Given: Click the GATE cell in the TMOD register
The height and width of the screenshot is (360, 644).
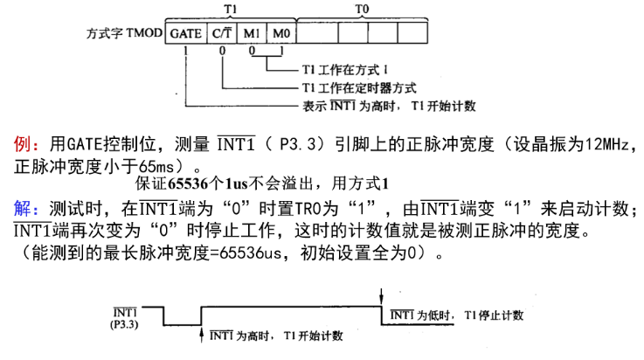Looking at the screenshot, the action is (186, 33).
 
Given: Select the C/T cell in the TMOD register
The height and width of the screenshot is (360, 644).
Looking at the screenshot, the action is (222, 33).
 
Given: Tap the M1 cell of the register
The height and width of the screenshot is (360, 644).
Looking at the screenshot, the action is (252, 33).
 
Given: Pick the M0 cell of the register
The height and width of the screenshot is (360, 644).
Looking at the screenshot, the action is (281, 33).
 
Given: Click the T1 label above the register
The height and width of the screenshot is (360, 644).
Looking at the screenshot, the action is (231, 9).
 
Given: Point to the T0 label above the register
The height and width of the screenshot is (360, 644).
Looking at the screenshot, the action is (362, 9).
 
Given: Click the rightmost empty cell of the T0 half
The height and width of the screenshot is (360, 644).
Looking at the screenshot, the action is (412, 33).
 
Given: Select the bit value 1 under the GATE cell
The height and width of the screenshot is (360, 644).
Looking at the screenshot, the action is (185, 51).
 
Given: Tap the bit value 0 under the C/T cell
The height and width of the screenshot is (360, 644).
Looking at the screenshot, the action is (222, 51).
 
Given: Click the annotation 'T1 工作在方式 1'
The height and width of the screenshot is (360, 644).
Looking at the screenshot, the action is (345, 70).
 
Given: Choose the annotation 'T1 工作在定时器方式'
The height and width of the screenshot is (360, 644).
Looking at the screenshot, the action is (359, 88).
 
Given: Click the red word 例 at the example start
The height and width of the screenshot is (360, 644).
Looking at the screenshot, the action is (22, 144).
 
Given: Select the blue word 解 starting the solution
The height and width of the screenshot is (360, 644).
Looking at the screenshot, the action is (22, 209).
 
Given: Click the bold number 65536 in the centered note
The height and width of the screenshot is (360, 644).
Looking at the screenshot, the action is (189, 183).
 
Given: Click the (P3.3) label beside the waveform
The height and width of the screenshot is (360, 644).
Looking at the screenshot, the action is (124, 325).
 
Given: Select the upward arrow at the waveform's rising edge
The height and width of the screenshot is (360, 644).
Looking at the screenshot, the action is (201, 335).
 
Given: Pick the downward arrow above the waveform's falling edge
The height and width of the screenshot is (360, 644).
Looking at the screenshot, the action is (382, 296).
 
